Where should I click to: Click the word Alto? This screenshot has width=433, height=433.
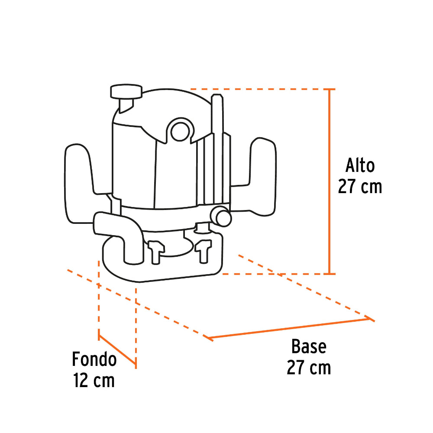pos(360,165)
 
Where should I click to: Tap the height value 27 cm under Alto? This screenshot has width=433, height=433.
pos(360,187)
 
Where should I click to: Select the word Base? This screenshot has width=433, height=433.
pos(308,347)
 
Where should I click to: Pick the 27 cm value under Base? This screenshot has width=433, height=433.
pos(308,368)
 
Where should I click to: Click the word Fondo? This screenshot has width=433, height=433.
pos(94,359)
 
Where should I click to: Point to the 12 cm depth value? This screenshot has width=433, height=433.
pos(94,381)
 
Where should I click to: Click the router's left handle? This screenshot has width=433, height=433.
pos(78,184)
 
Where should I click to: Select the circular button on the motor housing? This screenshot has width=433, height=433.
pos(179,130)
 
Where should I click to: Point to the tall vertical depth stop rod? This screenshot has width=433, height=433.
pos(218,143)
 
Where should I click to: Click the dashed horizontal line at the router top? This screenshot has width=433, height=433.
pos(260,89)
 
